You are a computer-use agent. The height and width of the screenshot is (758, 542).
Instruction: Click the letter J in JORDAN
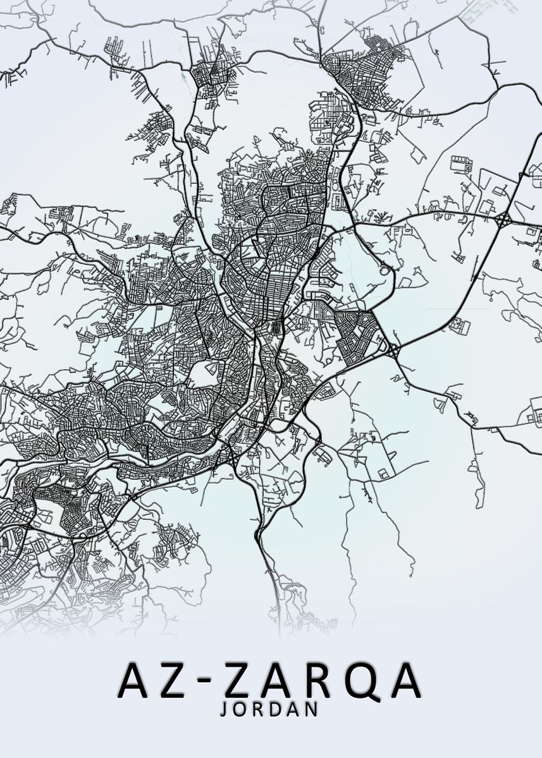223,710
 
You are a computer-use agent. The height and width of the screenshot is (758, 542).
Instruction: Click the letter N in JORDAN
311,709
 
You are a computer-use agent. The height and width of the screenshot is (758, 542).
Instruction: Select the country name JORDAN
268,709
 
